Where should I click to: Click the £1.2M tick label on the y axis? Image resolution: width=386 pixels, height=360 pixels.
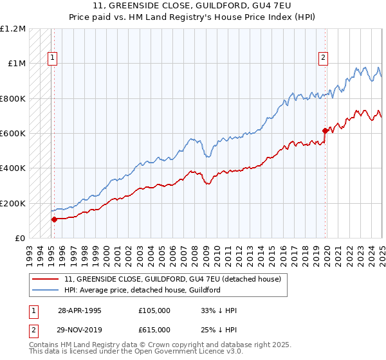[x=14, y=29]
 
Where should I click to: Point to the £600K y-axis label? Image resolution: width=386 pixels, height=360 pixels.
[x=14, y=134]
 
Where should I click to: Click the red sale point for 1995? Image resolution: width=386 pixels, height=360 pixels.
[x=54, y=219]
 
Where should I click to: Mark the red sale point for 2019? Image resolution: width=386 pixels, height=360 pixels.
[x=325, y=131]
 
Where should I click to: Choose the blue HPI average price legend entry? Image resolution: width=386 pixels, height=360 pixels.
[x=142, y=290]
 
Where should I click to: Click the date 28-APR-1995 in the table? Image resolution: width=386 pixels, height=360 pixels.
[x=80, y=310]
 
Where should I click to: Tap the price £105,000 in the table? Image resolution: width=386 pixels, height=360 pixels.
[x=154, y=310]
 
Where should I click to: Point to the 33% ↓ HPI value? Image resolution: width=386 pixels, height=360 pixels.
[x=219, y=310]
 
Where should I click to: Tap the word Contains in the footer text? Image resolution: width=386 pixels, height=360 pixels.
[x=46, y=345]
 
